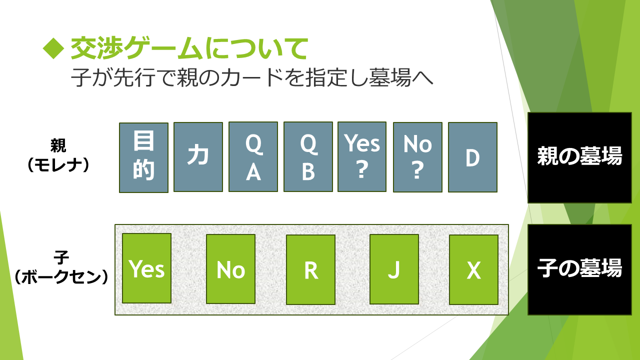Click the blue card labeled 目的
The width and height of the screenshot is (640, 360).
pyautogui.click(x=143, y=157)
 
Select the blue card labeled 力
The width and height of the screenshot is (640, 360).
pyautogui.click(x=198, y=157)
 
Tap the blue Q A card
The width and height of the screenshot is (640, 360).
pyautogui.click(x=253, y=156)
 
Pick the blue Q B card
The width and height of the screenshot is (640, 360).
pyautogui.click(x=308, y=156)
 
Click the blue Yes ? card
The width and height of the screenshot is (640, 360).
pyautogui.click(x=362, y=156)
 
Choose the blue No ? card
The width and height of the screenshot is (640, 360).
pyautogui.click(x=417, y=157)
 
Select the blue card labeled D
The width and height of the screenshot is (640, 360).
pyautogui.click(x=472, y=157)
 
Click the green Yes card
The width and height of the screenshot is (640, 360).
pyautogui.click(x=146, y=268)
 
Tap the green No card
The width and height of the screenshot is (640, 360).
pyautogui.click(x=230, y=269)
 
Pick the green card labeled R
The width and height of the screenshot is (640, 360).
pyautogui.click(x=310, y=269)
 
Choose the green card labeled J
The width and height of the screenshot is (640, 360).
pyautogui.click(x=394, y=269)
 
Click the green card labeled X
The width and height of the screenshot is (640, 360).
pyautogui.click(x=473, y=269)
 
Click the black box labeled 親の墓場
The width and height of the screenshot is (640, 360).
pyautogui.click(x=579, y=157)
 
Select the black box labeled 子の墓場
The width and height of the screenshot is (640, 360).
pyautogui.click(x=579, y=269)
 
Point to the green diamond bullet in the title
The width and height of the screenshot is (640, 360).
pyautogui.click(x=53, y=48)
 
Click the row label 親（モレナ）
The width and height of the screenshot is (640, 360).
pyautogui.click(x=58, y=155)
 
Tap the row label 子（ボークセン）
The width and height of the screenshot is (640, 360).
pyautogui.click(x=61, y=267)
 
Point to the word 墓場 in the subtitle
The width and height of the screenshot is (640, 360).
pyautogui.click(x=390, y=77)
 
